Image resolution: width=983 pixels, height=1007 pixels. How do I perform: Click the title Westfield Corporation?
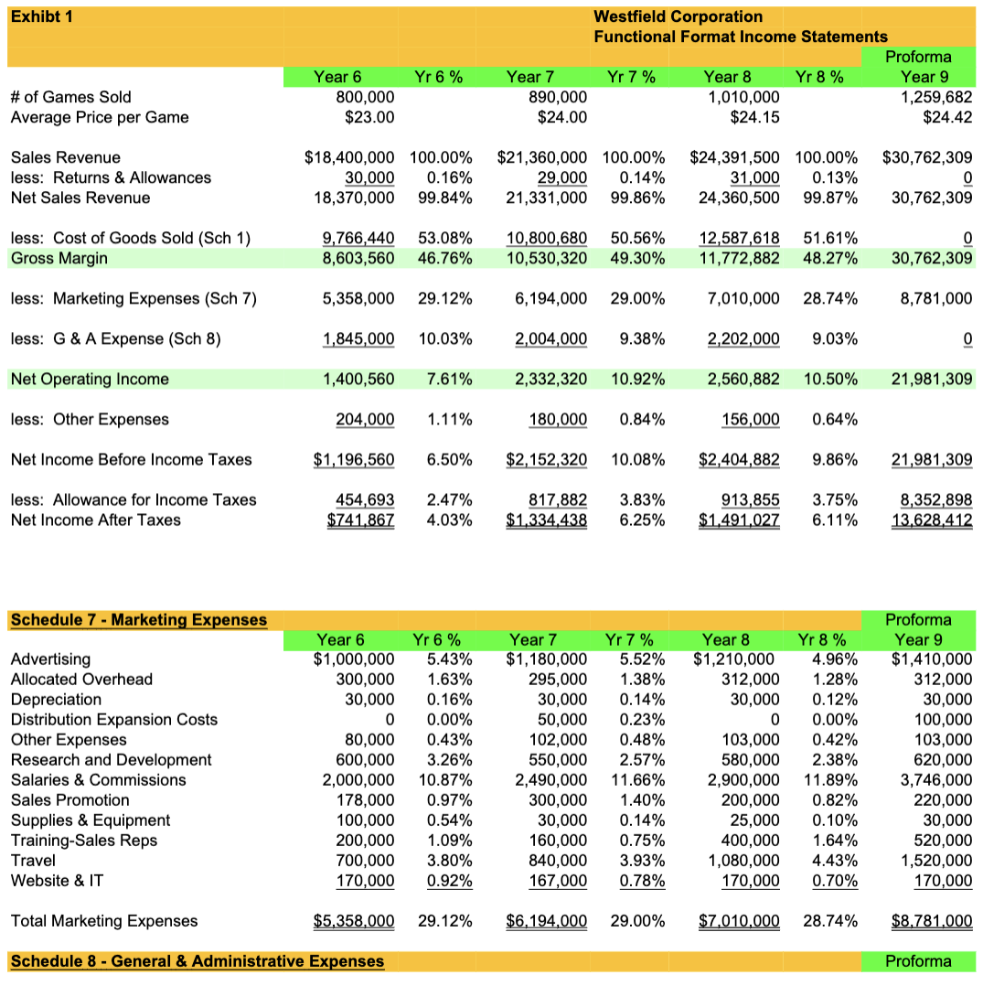click(x=678, y=16)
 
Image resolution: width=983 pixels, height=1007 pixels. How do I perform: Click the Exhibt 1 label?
click(x=42, y=16)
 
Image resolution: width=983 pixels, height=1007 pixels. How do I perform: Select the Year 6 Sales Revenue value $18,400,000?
click(x=349, y=157)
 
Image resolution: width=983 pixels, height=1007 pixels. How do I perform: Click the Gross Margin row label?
click(x=59, y=258)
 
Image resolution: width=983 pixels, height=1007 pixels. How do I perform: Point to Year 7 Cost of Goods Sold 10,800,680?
click(x=546, y=238)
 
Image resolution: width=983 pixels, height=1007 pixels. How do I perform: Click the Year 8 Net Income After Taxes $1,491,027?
click(x=739, y=520)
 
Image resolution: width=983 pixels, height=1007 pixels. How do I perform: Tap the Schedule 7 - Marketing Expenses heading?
click(x=138, y=620)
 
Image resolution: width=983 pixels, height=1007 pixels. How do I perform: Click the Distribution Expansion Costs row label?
click(x=113, y=719)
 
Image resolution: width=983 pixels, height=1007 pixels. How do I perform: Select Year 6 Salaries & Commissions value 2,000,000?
click(x=358, y=779)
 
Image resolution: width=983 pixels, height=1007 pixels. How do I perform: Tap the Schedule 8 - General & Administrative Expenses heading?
click(x=197, y=960)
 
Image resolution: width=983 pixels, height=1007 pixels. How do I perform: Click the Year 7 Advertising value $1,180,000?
click(x=546, y=659)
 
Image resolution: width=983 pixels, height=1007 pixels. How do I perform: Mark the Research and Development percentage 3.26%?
click(x=446, y=759)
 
